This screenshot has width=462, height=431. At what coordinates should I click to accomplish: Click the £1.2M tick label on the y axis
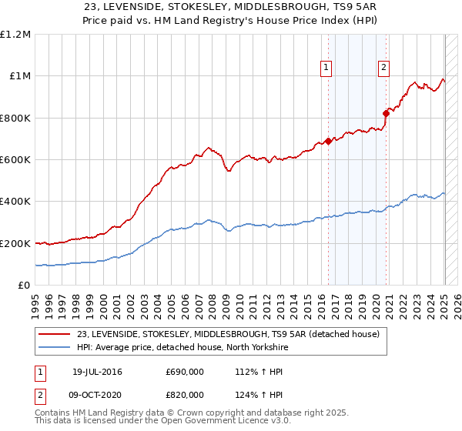15,35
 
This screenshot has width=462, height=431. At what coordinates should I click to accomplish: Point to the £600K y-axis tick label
15,160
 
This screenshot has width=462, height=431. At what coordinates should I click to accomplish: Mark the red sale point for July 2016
328,141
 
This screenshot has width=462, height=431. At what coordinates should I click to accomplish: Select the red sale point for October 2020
386,114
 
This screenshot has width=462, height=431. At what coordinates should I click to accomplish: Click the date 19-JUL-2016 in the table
97,373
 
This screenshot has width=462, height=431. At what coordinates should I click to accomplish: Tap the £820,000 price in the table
185,394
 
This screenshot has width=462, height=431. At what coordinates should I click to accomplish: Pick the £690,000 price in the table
185,373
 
